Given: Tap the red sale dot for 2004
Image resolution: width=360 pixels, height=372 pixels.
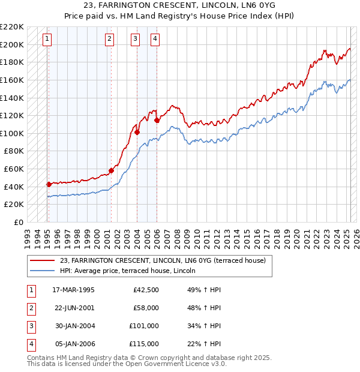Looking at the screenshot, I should pos(137,132).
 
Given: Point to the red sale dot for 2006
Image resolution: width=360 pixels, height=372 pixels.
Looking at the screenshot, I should pos(157,120).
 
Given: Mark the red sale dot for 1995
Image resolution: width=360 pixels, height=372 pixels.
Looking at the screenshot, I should pos(49,184).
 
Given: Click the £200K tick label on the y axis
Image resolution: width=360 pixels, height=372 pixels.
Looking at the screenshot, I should pos(12,44).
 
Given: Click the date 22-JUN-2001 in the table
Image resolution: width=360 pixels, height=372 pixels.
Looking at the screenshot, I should pos(74,308).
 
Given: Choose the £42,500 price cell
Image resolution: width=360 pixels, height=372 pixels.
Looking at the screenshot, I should pos(146,290).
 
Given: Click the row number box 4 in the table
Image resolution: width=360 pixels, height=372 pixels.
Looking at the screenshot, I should pos(30,344).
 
